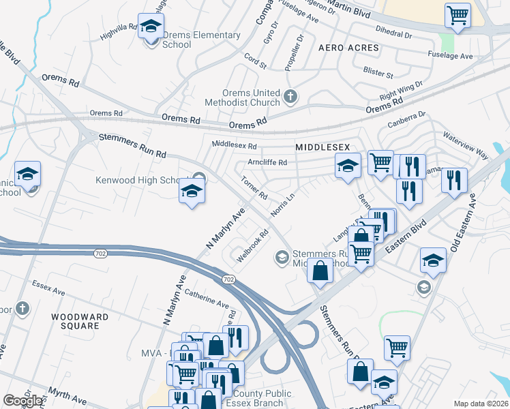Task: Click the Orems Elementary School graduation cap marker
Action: [151, 28]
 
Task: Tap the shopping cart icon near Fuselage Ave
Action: [458, 16]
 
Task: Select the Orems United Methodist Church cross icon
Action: [291, 97]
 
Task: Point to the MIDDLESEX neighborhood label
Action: [322, 147]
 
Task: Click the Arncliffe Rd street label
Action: [267, 163]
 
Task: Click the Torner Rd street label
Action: [254, 188]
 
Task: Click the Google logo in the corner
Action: [22, 401]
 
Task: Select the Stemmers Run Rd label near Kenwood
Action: [132, 146]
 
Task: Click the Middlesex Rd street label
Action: [234, 145]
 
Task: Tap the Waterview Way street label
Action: [467, 146]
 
